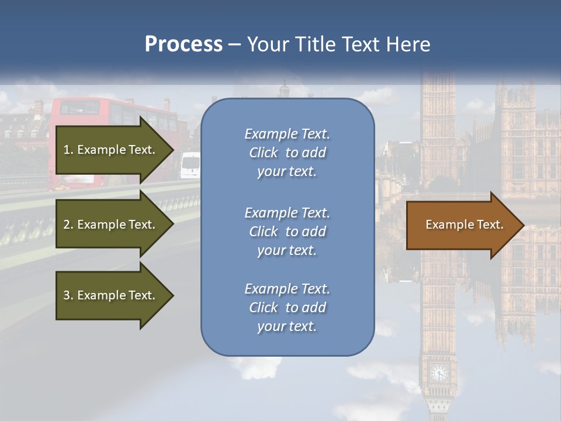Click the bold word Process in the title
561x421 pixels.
pos(183,44)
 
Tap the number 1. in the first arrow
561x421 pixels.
pos(68,150)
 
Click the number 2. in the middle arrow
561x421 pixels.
pos(68,225)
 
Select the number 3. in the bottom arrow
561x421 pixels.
pos(68,295)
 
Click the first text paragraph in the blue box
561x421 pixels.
pos(287,153)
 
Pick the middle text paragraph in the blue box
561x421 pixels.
pos(287,232)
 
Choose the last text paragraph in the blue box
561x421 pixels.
pos(287,308)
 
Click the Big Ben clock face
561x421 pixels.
pos(438,372)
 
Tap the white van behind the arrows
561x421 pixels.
pos(191,165)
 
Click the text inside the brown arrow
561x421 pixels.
pos(464,225)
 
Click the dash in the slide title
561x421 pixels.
pos(234,45)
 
